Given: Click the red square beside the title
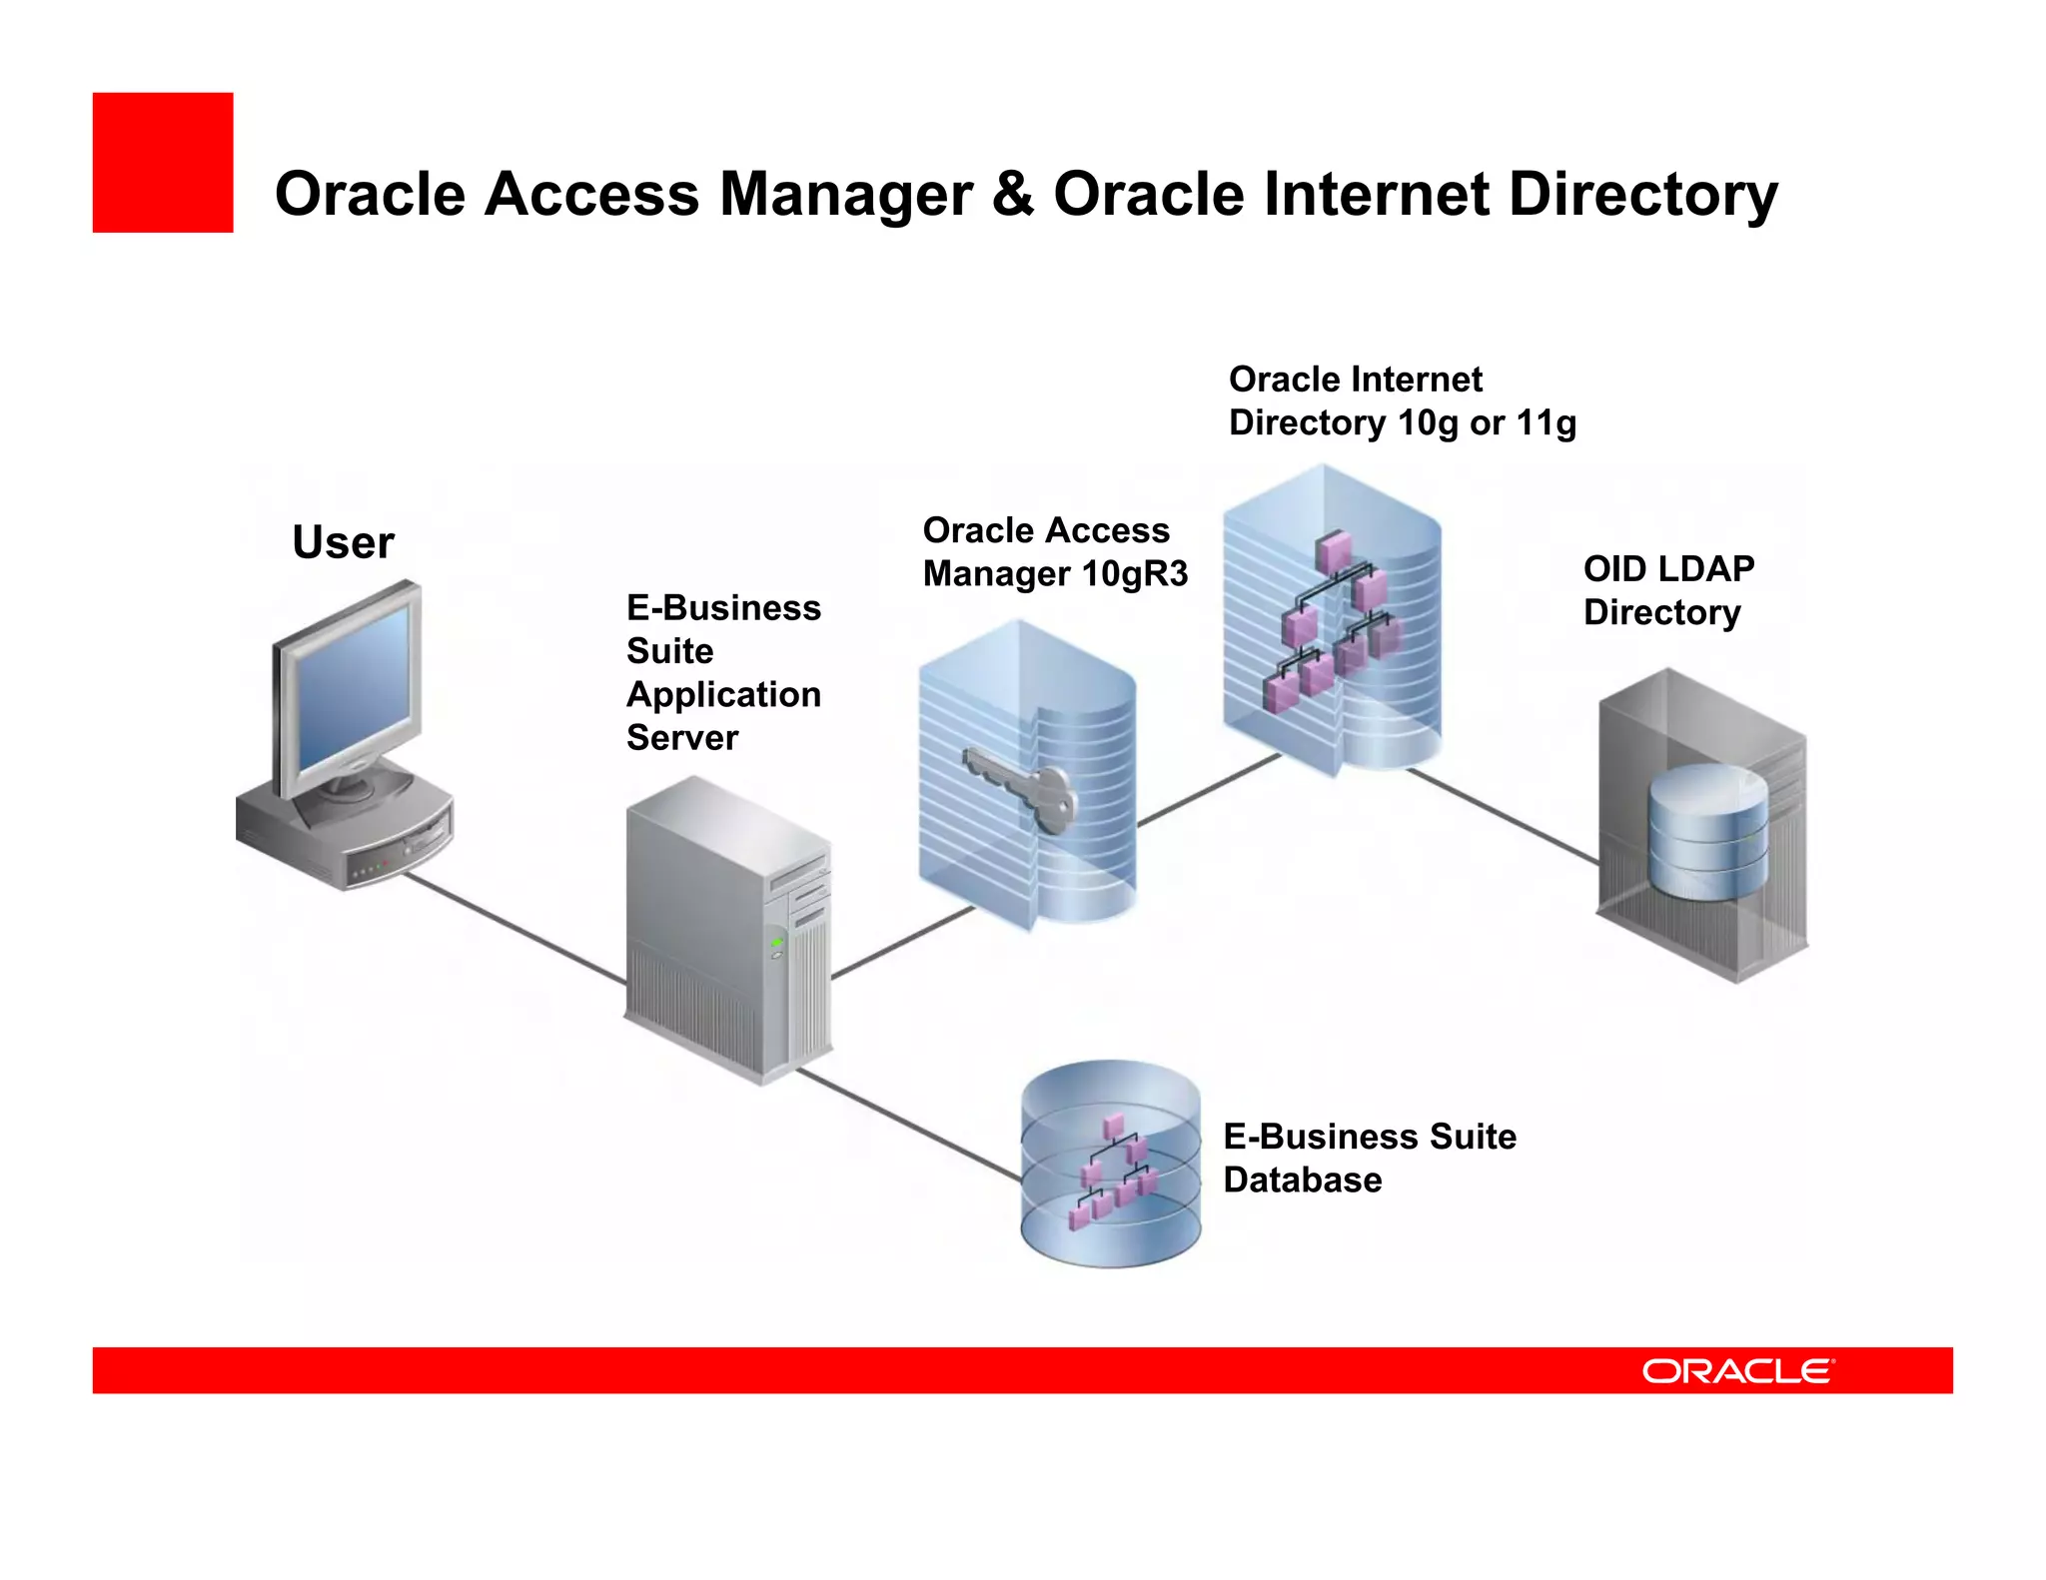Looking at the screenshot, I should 163,163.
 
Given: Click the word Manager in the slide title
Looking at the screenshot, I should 845,195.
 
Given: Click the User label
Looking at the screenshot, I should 343,543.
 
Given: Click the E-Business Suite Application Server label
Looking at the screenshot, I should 722,672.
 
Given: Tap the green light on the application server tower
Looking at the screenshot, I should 776,942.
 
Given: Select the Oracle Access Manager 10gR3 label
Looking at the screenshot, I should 1054,552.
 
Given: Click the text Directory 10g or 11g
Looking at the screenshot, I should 1402,422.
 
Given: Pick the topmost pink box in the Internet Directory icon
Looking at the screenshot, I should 1333,550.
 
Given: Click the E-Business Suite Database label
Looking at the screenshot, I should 1369,1158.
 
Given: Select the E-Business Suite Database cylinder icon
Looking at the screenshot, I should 1110,1164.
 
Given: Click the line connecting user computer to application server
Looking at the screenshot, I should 514,928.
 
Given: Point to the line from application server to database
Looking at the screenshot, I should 909,1124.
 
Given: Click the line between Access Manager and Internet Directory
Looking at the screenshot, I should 1209,789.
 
